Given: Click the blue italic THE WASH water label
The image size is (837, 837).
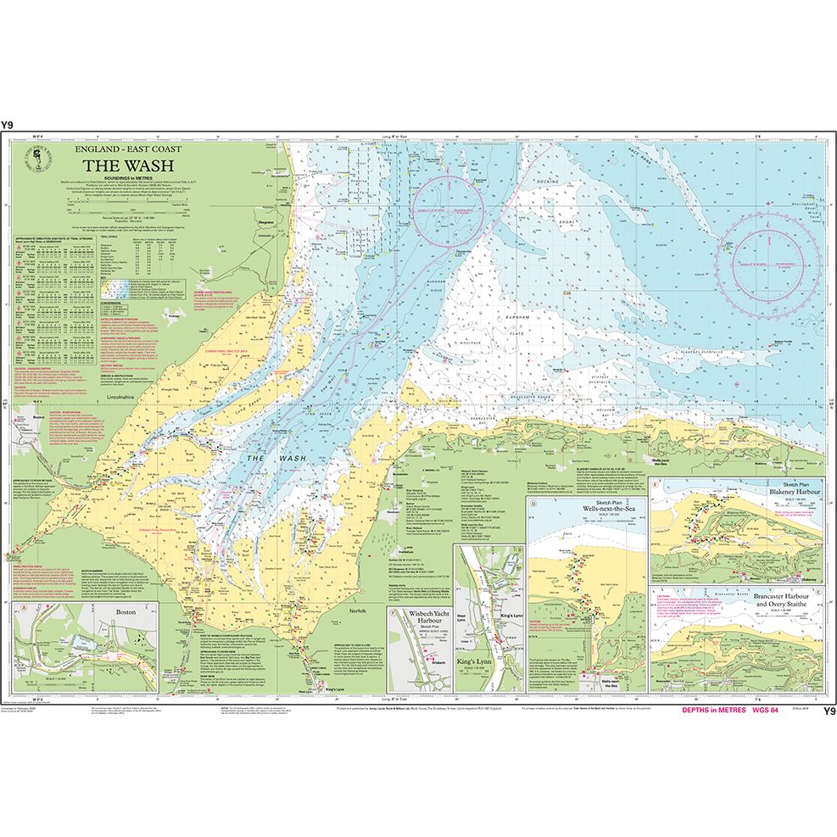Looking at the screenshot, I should point(276,458).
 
